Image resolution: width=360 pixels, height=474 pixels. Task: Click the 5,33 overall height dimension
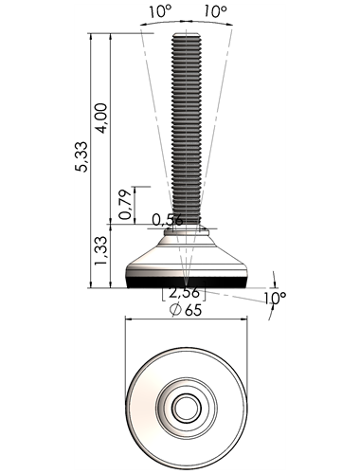81,156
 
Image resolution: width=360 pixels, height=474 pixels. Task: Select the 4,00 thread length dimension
101,118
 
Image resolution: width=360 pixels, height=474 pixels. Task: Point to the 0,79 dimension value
125,205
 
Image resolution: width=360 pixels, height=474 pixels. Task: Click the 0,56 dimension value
168,220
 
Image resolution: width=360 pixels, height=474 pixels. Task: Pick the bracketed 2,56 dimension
184,293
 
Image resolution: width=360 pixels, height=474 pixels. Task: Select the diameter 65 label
186,310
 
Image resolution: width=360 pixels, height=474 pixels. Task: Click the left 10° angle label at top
160,12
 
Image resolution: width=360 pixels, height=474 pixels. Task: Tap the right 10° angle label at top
215,12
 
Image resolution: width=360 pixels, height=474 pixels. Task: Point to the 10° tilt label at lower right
275,298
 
